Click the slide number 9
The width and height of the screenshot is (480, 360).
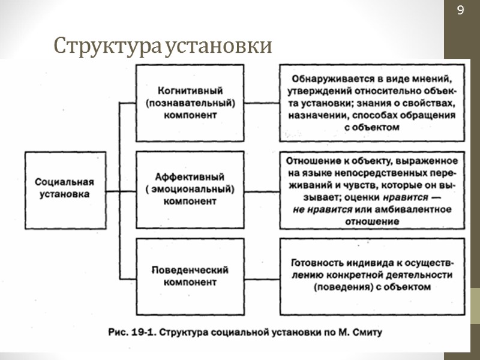tap(461, 10)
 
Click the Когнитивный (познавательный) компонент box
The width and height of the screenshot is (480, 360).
tap(190, 103)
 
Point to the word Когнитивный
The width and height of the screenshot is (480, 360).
tap(190, 91)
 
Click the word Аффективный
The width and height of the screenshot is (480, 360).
tap(190, 177)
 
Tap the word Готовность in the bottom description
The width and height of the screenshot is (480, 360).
tap(316, 263)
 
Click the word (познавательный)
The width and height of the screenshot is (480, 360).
tap(190, 103)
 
